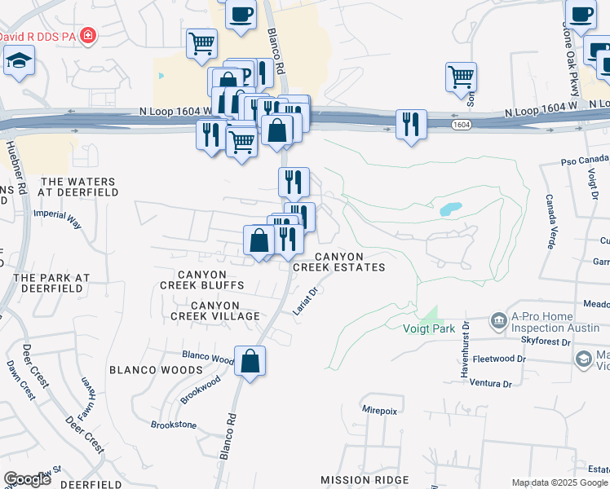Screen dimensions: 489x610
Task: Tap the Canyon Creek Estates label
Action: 338,261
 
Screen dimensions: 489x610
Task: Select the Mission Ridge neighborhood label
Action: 358,480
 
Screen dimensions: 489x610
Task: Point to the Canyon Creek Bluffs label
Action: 201,279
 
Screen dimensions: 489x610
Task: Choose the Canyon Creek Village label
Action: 214,310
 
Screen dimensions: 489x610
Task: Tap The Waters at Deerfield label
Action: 79,187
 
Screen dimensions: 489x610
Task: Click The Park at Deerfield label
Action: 51,283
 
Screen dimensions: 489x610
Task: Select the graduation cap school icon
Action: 18,60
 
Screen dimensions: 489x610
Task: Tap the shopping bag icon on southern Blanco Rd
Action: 250,361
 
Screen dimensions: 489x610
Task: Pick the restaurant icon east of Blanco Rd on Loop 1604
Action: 409,124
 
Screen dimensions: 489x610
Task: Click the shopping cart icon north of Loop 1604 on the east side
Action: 461,77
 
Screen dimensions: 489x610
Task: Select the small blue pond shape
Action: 450,209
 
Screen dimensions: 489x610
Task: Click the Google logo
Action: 28,479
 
